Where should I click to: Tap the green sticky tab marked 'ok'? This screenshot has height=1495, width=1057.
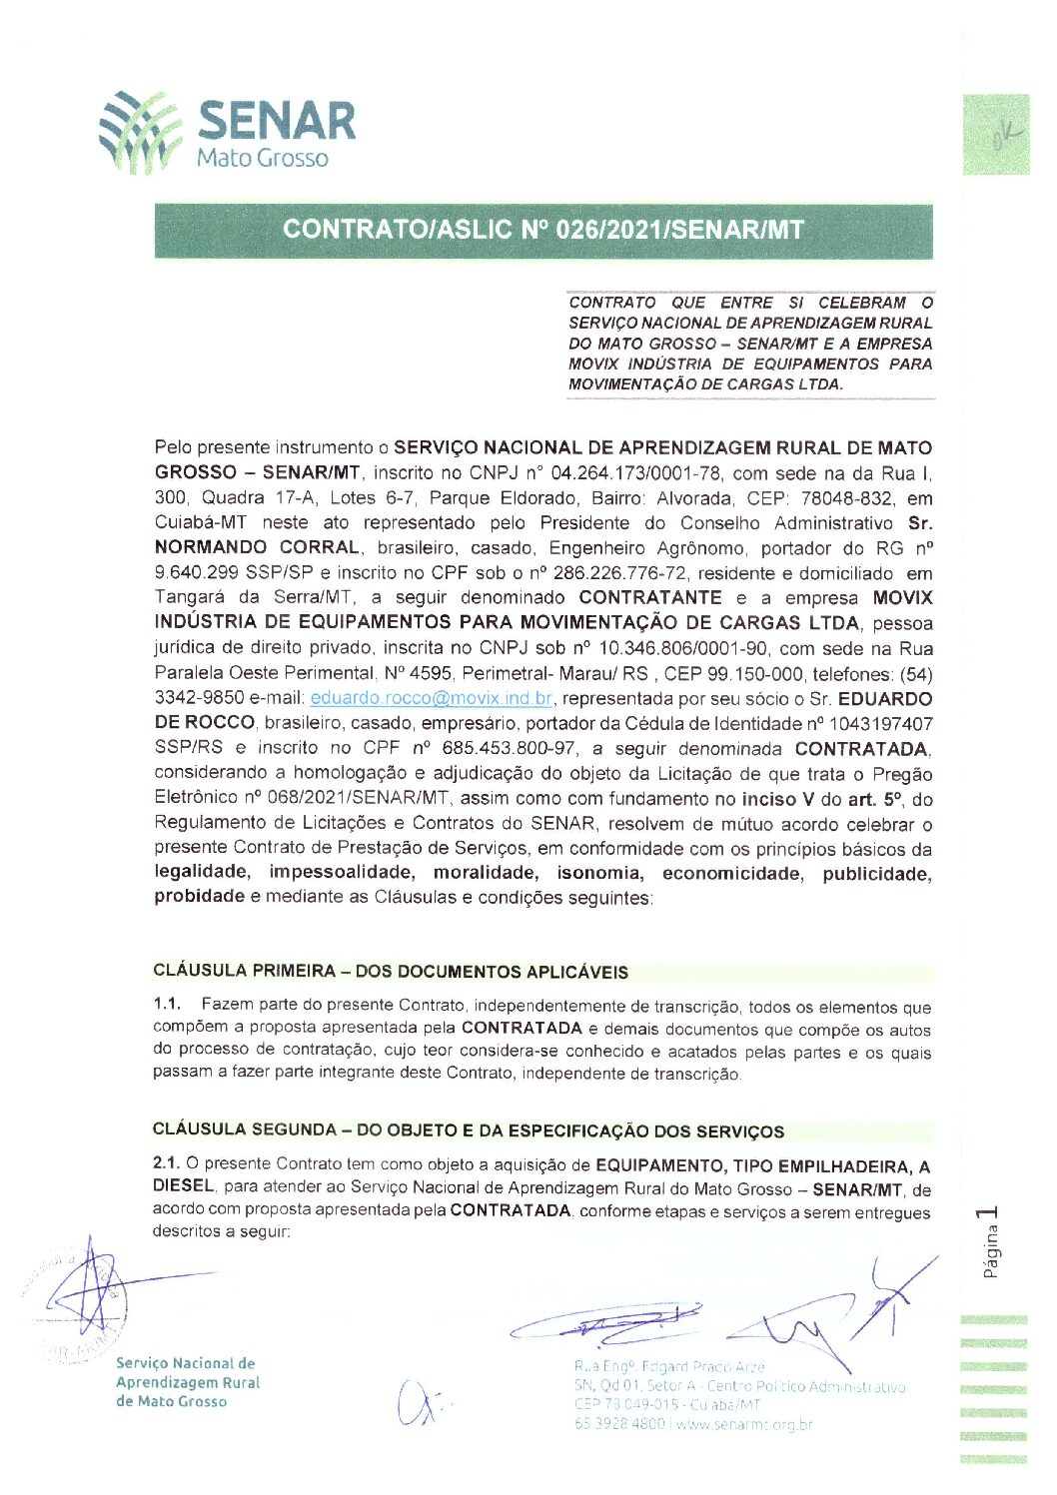tap(995, 134)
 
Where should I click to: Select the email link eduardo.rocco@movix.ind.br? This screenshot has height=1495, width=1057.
tap(431, 698)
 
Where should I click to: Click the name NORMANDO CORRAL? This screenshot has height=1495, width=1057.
tap(257, 547)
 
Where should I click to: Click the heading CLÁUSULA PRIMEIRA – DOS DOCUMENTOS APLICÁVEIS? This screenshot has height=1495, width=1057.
tap(391, 972)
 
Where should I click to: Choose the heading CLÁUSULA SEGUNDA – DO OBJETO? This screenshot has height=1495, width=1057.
tap(468, 1130)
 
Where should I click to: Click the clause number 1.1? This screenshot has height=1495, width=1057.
tap(166, 1004)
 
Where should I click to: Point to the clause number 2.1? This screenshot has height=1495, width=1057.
tap(165, 1162)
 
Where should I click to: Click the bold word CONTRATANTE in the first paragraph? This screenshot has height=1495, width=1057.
tap(649, 597)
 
